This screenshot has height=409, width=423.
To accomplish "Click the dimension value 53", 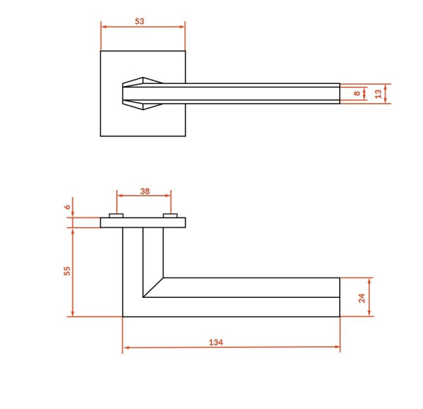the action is point(140,21).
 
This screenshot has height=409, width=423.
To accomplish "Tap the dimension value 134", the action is point(216,342).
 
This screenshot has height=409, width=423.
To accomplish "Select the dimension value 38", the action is point(145,191).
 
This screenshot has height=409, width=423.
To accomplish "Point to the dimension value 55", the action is point(67,271).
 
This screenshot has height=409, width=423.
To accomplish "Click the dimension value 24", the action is point(362,298).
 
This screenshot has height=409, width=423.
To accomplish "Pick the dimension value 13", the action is point(378,94).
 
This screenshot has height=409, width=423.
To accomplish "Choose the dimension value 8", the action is point(357,93).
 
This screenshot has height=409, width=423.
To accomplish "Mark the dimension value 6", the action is point(67,207).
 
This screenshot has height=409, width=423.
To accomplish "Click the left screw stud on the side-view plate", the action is point(116,215).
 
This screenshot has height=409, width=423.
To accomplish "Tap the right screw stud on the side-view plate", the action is point(170,215).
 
